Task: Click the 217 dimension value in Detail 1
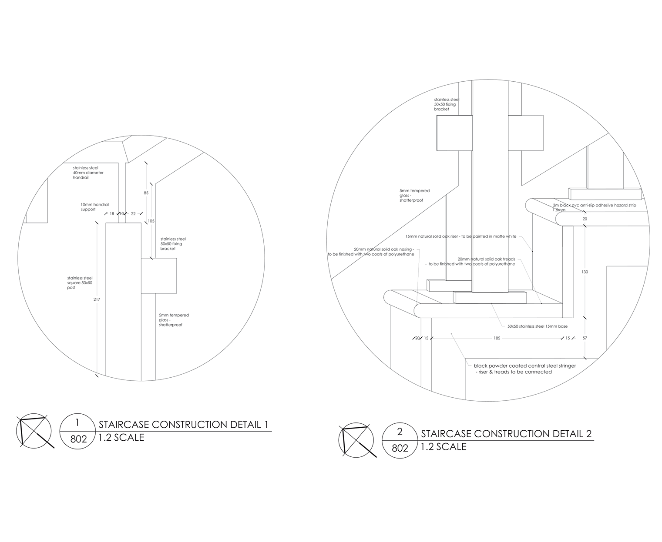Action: pyautogui.click(x=97, y=299)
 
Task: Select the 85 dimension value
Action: pyautogui.click(x=146, y=193)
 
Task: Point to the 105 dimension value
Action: pyautogui.click(x=151, y=221)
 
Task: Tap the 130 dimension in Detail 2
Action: pyautogui.click(x=585, y=272)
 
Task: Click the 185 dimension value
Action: pyautogui.click(x=497, y=338)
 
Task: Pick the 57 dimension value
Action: pyautogui.click(x=585, y=338)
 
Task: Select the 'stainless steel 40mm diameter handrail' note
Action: pyautogui.click(x=88, y=173)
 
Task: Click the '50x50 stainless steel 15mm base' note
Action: pyautogui.click(x=537, y=326)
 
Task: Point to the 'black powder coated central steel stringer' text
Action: pyautogui.click(x=524, y=366)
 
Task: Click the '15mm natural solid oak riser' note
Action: pyautogui.click(x=460, y=237)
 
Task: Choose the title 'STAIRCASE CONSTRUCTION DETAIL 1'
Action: pyautogui.click(x=183, y=425)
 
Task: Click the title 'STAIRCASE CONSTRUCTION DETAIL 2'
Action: pyautogui.click(x=506, y=434)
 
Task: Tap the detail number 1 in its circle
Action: pyautogui.click(x=77, y=422)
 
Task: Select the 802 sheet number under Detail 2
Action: pyautogui.click(x=400, y=448)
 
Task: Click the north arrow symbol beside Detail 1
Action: pyautogui.click(x=34, y=432)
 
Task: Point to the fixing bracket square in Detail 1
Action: pyautogui.click(x=159, y=276)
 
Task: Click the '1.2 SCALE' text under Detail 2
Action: pyautogui.click(x=444, y=447)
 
